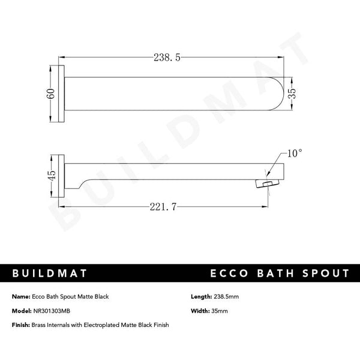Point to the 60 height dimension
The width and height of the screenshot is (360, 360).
coord(52,94)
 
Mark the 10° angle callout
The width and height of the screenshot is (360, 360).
coord(293,154)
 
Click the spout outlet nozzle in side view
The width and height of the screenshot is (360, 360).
coord(266,184)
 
